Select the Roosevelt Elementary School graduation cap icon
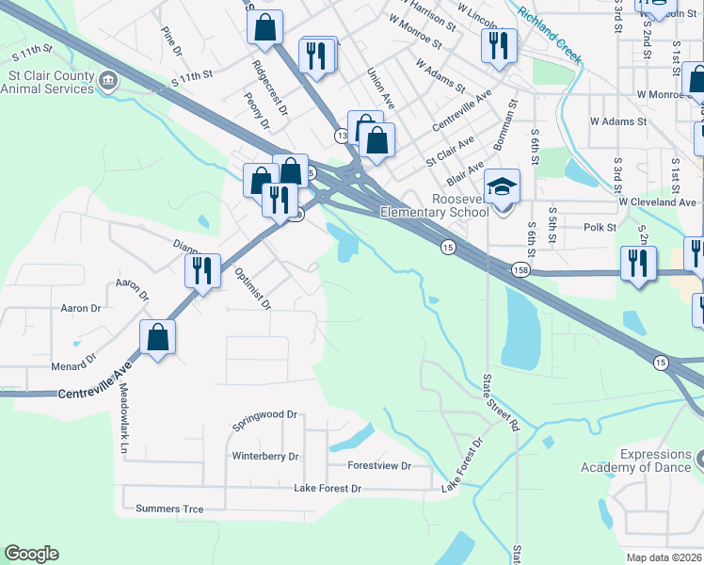coord(502,186)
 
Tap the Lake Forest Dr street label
coord(328,489)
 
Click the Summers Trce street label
coord(169,509)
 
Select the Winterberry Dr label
coord(265,457)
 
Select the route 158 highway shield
coord(520,271)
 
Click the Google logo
coord(31,554)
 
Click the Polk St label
coord(600,228)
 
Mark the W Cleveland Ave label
coord(657,202)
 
